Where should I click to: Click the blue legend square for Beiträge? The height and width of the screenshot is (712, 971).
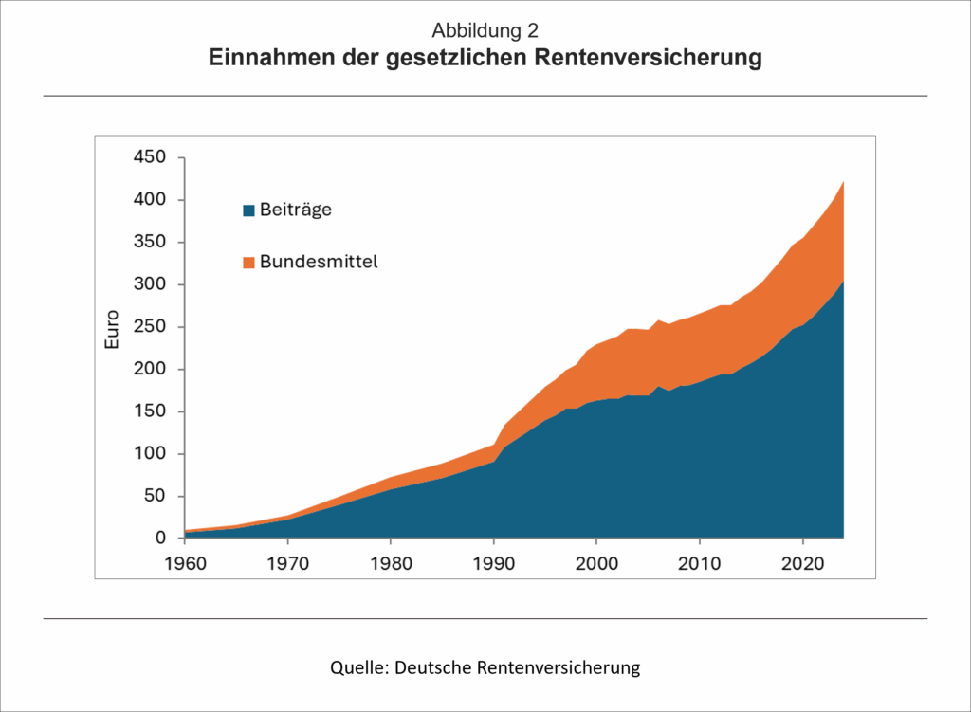pos(249,210)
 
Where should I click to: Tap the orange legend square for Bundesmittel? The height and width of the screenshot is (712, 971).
pos(249,262)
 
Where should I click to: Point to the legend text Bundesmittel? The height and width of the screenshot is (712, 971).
pos(319,262)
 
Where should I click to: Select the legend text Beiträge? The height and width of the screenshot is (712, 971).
pos(296,210)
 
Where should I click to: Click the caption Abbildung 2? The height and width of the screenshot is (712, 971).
pos(485,30)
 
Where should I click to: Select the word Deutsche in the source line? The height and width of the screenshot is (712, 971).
pos(432,667)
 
